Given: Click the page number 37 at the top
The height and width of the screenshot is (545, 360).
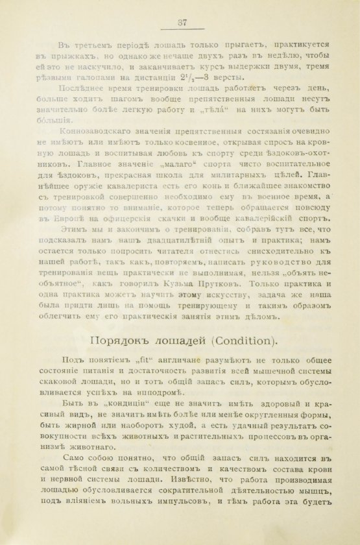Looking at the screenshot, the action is coord(182,23).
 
